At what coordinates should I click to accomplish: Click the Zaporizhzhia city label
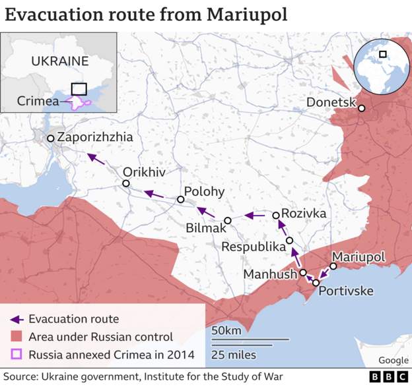tap(95, 138)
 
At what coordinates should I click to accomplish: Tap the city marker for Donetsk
tap(362, 108)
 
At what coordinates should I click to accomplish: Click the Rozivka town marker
tap(276, 215)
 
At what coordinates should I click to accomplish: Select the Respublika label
tap(254, 247)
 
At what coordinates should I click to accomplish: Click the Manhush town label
tap(271, 274)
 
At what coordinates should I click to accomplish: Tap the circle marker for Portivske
tap(316, 283)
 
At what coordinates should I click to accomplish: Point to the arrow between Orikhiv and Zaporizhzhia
tap(96, 158)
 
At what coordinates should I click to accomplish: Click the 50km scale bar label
tap(226, 330)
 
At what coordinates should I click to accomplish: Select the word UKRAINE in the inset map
tap(59, 61)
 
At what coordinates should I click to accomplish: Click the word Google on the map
tap(393, 360)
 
